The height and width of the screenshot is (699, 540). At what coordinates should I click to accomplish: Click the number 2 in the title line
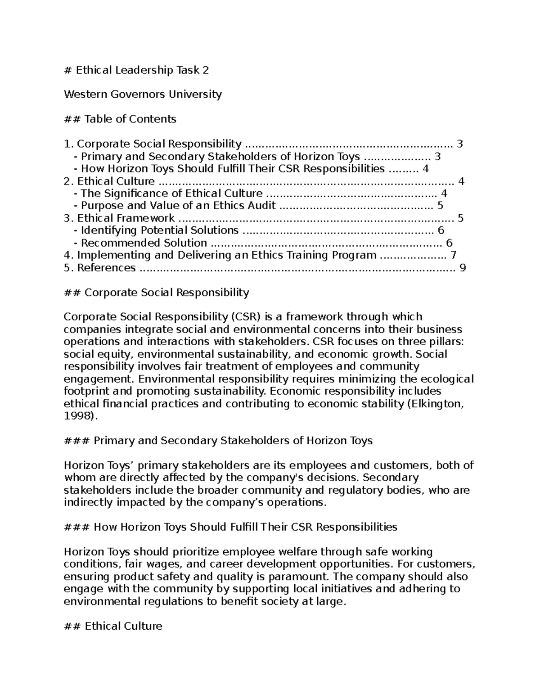[x=206, y=70]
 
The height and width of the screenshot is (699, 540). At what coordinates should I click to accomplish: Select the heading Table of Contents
[x=130, y=119]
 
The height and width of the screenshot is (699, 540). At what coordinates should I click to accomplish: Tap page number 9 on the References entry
[x=462, y=268]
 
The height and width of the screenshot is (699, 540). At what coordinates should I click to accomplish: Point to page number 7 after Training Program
[x=453, y=255]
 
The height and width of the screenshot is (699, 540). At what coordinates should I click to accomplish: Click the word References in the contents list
[x=106, y=268]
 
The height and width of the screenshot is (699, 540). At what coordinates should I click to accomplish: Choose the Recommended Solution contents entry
[x=144, y=243]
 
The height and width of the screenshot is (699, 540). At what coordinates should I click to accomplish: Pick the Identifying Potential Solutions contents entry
[x=159, y=230]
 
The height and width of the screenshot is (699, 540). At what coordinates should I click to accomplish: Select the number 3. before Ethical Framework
[x=68, y=218]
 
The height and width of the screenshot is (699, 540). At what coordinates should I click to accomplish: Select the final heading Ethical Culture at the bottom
[x=123, y=626]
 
